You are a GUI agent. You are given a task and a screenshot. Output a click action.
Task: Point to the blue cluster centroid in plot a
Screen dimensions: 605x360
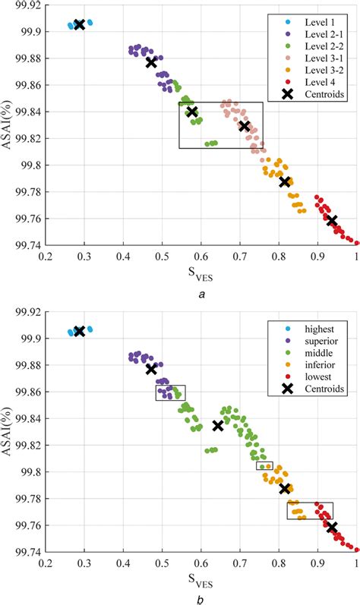coord(80,25)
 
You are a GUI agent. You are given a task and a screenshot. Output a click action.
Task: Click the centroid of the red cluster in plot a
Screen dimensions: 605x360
coord(332,220)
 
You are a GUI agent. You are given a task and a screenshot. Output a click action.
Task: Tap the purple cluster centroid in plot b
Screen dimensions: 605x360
coord(151,369)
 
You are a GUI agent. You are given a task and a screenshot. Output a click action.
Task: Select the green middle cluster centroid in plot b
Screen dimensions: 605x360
coord(218,426)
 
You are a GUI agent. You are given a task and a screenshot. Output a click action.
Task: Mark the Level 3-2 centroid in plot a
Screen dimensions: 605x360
coord(285,181)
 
